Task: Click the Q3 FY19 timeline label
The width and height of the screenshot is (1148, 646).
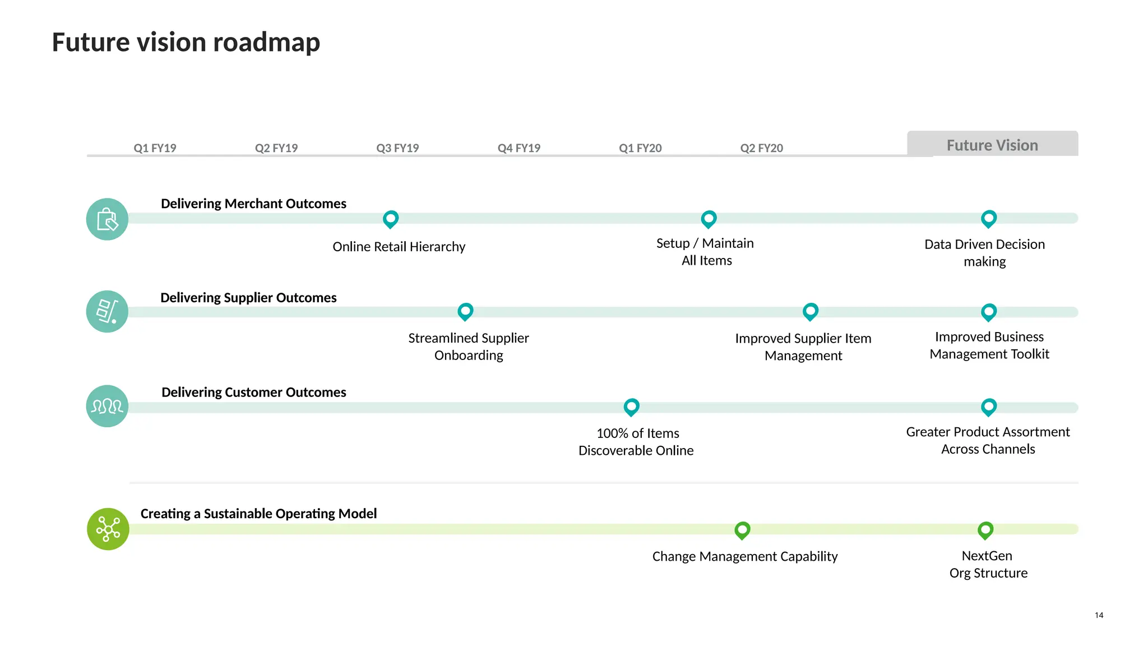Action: pyautogui.click(x=397, y=148)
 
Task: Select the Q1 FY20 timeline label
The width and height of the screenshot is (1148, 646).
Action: pyautogui.click(x=640, y=148)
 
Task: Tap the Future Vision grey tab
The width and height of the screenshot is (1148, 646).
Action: pyautogui.click(x=992, y=145)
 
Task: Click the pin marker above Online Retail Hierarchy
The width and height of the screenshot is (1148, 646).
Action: pyautogui.click(x=391, y=218)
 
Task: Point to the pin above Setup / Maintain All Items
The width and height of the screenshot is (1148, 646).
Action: pyautogui.click(x=709, y=218)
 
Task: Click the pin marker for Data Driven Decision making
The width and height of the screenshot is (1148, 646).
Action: pyautogui.click(x=989, y=218)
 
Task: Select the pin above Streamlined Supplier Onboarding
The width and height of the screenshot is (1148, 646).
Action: pyautogui.click(x=465, y=311)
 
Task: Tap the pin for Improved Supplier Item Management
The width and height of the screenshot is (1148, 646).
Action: pyautogui.click(x=811, y=311)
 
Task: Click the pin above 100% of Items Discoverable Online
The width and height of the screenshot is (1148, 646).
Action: pyautogui.click(x=632, y=406)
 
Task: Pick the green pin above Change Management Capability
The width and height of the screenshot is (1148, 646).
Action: pyautogui.click(x=743, y=529)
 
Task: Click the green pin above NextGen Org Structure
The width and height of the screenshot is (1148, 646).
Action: pyautogui.click(x=985, y=529)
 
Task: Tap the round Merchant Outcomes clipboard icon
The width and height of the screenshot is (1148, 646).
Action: pyautogui.click(x=107, y=219)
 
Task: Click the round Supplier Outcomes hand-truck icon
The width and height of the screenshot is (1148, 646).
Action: pyautogui.click(x=107, y=311)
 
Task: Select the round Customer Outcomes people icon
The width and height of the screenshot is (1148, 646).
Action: pyautogui.click(x=107, y=406)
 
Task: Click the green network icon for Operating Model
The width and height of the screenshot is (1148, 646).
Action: pyautogui.click(x=108, y=529)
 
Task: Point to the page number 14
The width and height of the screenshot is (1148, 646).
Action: pyautogui.click(x=1099, y=615)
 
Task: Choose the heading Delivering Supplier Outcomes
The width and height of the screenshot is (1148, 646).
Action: pyautogui.click(x=248, y=297)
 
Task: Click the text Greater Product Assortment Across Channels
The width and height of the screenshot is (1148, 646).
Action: pyautogui.click(x=988, y=440)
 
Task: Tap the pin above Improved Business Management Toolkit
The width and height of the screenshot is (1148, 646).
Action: pyautogui.click(x=989, y=311)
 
